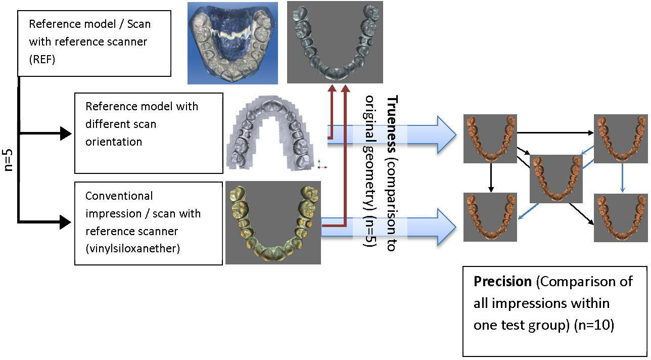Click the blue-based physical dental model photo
(x=232, y=43)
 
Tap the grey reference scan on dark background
(x=335, y=42)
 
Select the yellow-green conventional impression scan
(x=273, y=223)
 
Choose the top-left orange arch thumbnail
(x=491, y=139)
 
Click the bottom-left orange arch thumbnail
(x=491, y=217)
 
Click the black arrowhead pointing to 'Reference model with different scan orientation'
(x=66, y=133)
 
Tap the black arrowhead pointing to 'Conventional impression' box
(x=66, y=221)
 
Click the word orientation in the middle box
(x=114, y=142)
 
